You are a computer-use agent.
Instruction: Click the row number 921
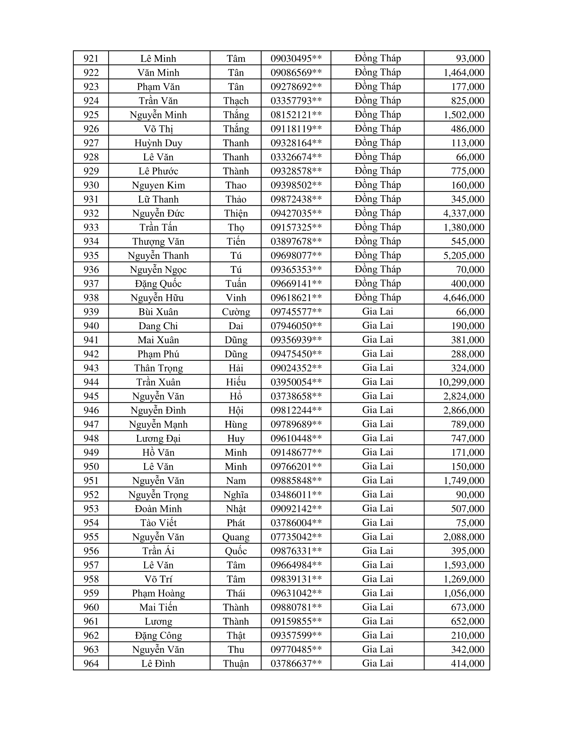[91, 58]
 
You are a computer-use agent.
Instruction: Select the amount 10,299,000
[461, 382]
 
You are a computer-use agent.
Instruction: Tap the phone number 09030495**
[296, 58]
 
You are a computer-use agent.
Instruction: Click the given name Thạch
[236, 100]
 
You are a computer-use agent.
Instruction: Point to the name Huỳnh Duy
[158, 143]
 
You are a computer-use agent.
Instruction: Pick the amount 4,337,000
[464, 213]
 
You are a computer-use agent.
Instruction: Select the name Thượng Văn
[158, 241]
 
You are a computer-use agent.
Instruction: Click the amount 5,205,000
[464, 256]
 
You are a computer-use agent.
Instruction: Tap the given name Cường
[236, 312]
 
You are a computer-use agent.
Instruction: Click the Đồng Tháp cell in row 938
[378, 297]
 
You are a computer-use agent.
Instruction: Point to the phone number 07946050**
[296, 326]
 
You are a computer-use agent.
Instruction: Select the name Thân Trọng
[158, 368]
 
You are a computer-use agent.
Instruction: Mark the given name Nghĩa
[236, 495]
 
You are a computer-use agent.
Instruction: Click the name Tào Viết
[158, 523]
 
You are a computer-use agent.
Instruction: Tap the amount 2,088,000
[464, 537]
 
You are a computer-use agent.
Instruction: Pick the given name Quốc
[236, 551]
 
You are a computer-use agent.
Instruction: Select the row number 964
[91, 664]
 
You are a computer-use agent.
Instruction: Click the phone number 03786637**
[296, 664]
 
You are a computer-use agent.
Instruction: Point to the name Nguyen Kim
[158, 185]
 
